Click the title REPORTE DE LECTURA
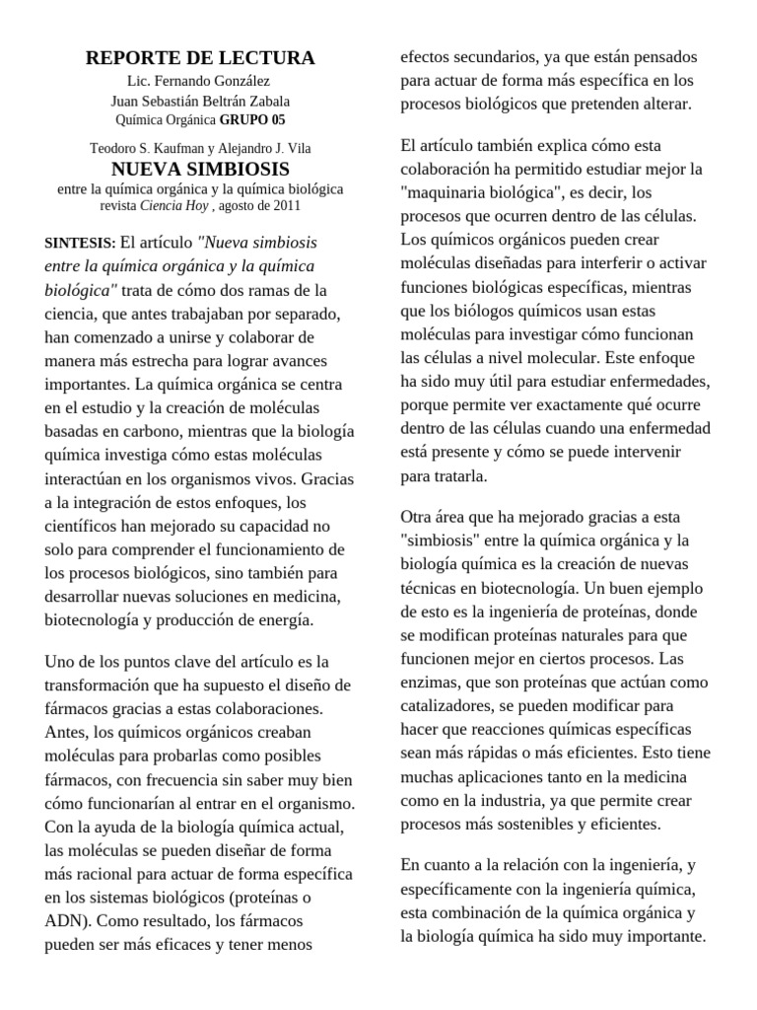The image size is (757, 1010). click(200, 58)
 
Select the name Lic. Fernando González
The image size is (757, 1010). click(199, 81)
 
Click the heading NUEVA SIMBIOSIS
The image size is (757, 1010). click(200, 170)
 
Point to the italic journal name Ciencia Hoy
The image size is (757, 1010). click(173, 206)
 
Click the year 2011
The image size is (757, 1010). click(284, 206)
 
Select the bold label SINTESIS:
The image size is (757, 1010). click(80, 243)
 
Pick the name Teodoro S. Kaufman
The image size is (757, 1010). click(141, 149)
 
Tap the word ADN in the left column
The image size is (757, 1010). click(66, 921)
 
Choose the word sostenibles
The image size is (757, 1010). click(563, 824)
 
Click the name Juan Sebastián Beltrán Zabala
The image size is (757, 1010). click(199, 101)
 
